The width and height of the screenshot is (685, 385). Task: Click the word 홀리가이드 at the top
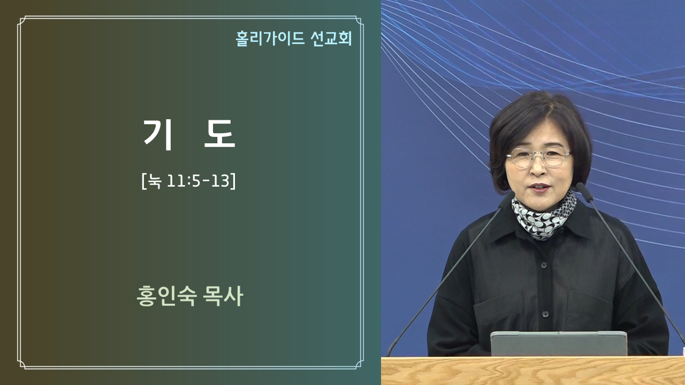point(270,38)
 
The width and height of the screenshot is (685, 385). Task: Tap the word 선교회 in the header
point(331,38)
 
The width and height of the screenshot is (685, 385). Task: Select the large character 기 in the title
point(158,134)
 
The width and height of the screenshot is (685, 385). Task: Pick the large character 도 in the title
point(219,134)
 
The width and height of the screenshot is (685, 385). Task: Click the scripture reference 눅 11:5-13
point(189,181)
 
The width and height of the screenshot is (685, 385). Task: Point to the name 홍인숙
point(166,296)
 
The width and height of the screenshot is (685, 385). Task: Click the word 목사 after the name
point(223,296)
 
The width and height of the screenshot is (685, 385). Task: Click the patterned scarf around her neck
point(544,215)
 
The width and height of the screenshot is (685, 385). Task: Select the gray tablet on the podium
point(559,344)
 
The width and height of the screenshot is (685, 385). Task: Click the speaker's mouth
point(540,188)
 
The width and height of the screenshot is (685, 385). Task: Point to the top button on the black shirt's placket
point(544,265)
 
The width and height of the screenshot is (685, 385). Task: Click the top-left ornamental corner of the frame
point(22,20)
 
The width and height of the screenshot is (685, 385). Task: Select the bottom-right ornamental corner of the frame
point(359,365)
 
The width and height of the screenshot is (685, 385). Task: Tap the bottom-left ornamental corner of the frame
point(22,365)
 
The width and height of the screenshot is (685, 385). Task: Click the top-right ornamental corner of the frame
point(359,20)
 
